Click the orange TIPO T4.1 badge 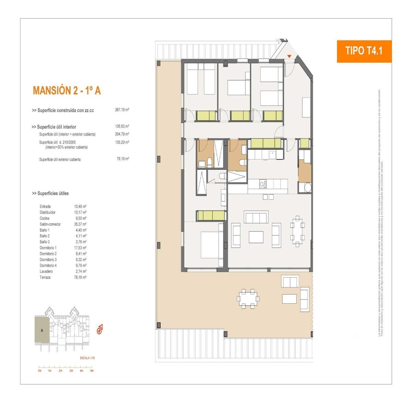click(x=364, y=51)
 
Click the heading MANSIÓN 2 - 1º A click(x=67, y=90)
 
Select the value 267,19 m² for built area click(x=122, y=110)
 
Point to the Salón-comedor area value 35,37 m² click(x=80, y=224)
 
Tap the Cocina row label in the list click(x=45, y=218)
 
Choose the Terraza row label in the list click(x=45, y=277)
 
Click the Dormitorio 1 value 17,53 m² click(x=80, y=248)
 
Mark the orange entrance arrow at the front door click(x=289, y=56)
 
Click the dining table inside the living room click(x=297, y=231)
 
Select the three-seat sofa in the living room click(x=256, y=217)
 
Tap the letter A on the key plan click(x=42, y=331)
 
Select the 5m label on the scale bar click(x=92, y=371)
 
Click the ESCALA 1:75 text click(x=87, y=358)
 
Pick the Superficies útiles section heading click(x=50, y=193)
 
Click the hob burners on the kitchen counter click(x=263, y=184)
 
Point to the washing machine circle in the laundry click(x=307, y=188)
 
